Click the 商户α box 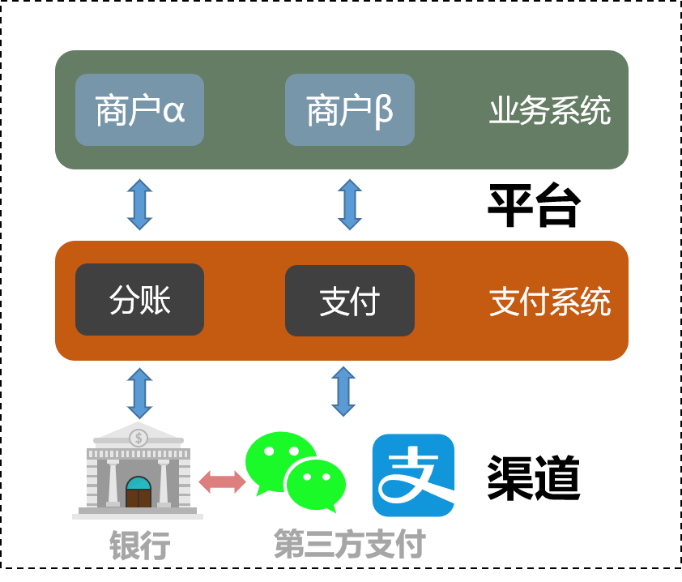(139, 110)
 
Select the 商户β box (349, 110)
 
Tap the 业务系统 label (549, 111)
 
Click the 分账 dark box (139, 300)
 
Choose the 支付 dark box (349, 301)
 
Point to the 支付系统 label (549, 302)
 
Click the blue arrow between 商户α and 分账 (139, 204)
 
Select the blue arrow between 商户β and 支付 (349, 204)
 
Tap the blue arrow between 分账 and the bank (139, 393)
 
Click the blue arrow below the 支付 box (343, 391)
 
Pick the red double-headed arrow (222, 481)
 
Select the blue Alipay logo (413, 475)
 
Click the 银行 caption (139, 546)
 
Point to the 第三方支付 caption (349, 544)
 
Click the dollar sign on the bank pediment (139, 438)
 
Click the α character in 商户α (173, 111)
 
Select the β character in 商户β (383, 111)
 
